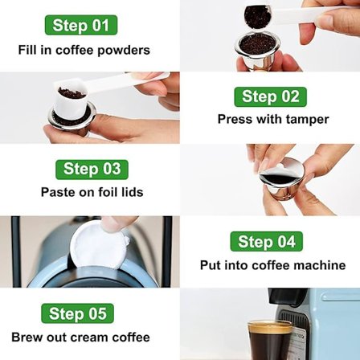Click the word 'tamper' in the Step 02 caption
coord(306,119)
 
